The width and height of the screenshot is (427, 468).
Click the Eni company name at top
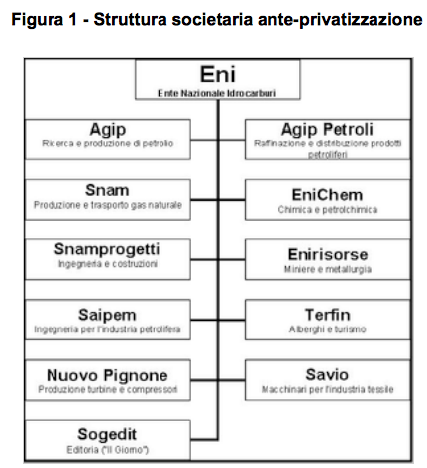point(218,74)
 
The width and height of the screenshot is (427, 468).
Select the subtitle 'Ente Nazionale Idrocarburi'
point(217,93)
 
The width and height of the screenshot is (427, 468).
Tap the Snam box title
point(107,190)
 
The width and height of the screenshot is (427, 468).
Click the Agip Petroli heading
point(327,130)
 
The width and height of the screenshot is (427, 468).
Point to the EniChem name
point(327,195)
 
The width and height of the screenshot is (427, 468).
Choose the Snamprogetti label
point(107,250)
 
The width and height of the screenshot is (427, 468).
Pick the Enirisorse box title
point(328,254)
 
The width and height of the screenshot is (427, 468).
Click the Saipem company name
point(107,315)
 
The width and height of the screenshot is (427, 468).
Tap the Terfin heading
point(327,315)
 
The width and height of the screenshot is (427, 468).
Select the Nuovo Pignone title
point(107,375)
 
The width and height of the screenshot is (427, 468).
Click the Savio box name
point(327,375)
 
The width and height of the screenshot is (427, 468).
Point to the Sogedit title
point(107,435)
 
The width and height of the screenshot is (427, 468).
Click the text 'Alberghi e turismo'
point(327,329)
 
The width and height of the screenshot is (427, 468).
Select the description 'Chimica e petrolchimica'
point(328,210)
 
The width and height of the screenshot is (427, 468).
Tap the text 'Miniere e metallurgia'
point(328,269)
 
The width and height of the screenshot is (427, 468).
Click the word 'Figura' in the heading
point(38,19)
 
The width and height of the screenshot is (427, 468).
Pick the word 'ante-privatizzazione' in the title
point(340,19)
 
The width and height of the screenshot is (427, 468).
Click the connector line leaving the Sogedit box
point(204,439)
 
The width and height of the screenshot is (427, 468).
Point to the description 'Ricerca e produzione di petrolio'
point(107,143)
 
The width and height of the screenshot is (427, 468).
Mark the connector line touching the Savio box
point(231,380)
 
